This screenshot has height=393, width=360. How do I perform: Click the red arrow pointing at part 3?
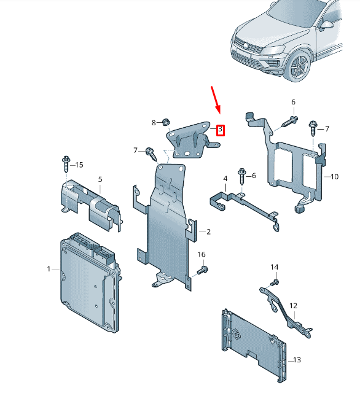(216, 100)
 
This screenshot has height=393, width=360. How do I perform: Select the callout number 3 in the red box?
(221, 130)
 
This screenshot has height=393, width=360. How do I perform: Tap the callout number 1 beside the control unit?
(49, 269)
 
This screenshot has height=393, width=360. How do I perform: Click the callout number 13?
(297, 360)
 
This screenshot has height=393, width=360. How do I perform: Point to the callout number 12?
(293, 306)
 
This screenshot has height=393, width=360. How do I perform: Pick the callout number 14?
(274, 267)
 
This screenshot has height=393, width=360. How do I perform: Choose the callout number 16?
(202, 254)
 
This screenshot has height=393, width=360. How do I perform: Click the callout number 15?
(79, 165)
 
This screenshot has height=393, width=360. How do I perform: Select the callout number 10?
(334, 177)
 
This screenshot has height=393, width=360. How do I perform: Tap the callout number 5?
(100, 179)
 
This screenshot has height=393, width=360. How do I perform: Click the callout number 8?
(154, 123)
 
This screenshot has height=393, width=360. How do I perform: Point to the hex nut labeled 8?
(166, 122)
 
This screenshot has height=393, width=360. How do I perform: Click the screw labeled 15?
(66, 164)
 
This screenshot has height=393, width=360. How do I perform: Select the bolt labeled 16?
(203, 270)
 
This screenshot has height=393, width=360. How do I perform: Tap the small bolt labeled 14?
(275, 282)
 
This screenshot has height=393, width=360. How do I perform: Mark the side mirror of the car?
(327, 25)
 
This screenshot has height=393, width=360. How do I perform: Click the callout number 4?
(225, 179)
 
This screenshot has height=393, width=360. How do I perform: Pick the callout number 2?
(208, 232)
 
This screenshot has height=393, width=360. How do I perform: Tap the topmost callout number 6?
(293, 102)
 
